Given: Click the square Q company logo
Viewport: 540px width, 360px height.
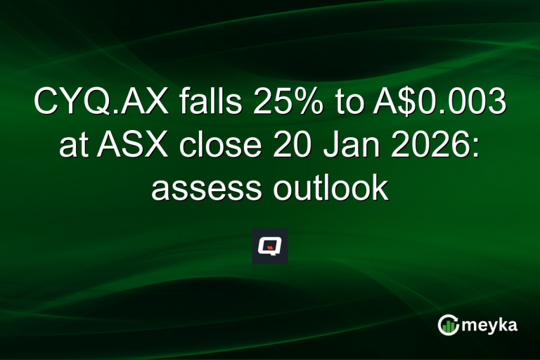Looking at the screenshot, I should coord(270,246).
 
